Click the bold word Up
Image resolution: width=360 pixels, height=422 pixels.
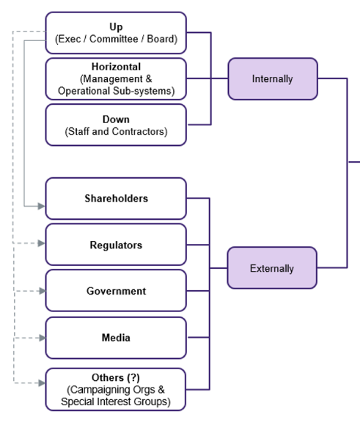point(116,27)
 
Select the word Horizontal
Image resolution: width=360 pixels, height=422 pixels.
point(116,67)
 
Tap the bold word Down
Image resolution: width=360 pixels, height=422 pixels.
point(116,119)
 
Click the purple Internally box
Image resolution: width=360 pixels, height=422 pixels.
point(273,79)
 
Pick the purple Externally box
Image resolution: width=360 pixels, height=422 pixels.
point(272,268)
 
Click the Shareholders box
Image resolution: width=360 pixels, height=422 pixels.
point(116,199)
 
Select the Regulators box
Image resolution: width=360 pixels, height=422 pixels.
point(116,245)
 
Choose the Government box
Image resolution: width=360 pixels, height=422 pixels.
point(116,291)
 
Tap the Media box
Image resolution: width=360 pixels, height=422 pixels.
point(116,338)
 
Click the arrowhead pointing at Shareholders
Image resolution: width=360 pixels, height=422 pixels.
point(42,207)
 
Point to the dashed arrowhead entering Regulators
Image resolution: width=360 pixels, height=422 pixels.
point(42,243)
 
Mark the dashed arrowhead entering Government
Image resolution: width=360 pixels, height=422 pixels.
point(43,291)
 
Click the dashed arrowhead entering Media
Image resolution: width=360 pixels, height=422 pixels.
point(43,338)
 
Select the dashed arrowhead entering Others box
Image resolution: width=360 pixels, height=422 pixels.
point(42,383)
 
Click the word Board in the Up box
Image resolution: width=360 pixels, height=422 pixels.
point(161,39)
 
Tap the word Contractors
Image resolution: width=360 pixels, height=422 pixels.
point(138,132)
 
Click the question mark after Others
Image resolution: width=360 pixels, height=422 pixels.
point(133,377)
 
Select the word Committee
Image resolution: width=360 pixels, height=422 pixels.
point(114,39)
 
